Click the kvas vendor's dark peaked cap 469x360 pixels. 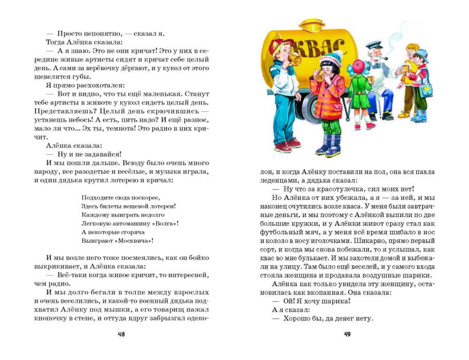tap(373, 45)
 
